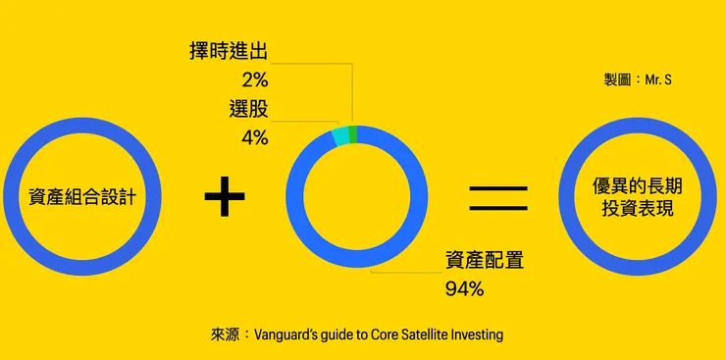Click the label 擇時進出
point(229,51)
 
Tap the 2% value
point(254,79)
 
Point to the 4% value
point(254,137)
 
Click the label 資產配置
point(484,260)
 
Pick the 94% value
point(465,288)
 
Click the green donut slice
point(352,134)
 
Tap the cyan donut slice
point(340,137)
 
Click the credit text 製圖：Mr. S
point(637,78)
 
